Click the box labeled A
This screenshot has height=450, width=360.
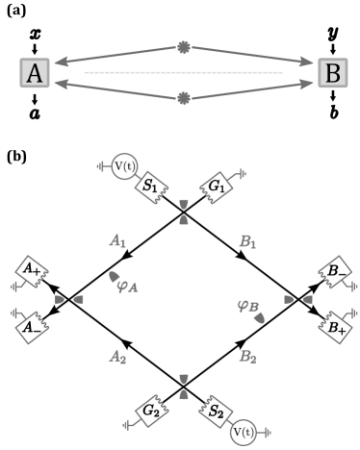pos(35,73)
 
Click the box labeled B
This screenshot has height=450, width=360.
pos(333,73)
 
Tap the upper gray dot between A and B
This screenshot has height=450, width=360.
pos(184,47)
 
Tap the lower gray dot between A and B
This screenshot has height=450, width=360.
pos(184,98)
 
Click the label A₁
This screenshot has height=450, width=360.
pos(117,241)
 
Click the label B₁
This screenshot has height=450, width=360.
pos(247,241)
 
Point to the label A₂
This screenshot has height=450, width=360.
pos(117,357)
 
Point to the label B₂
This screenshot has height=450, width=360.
pos(247,357)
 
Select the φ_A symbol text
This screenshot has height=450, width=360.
pos(128,285)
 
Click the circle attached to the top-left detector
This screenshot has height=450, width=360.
pos(124,166)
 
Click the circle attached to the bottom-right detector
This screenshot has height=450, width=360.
pos(244,432)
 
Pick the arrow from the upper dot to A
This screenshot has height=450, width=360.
pos(116,56)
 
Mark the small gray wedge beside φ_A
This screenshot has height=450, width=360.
pos(114,277)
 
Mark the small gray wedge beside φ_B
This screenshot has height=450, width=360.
pos(259,317)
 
